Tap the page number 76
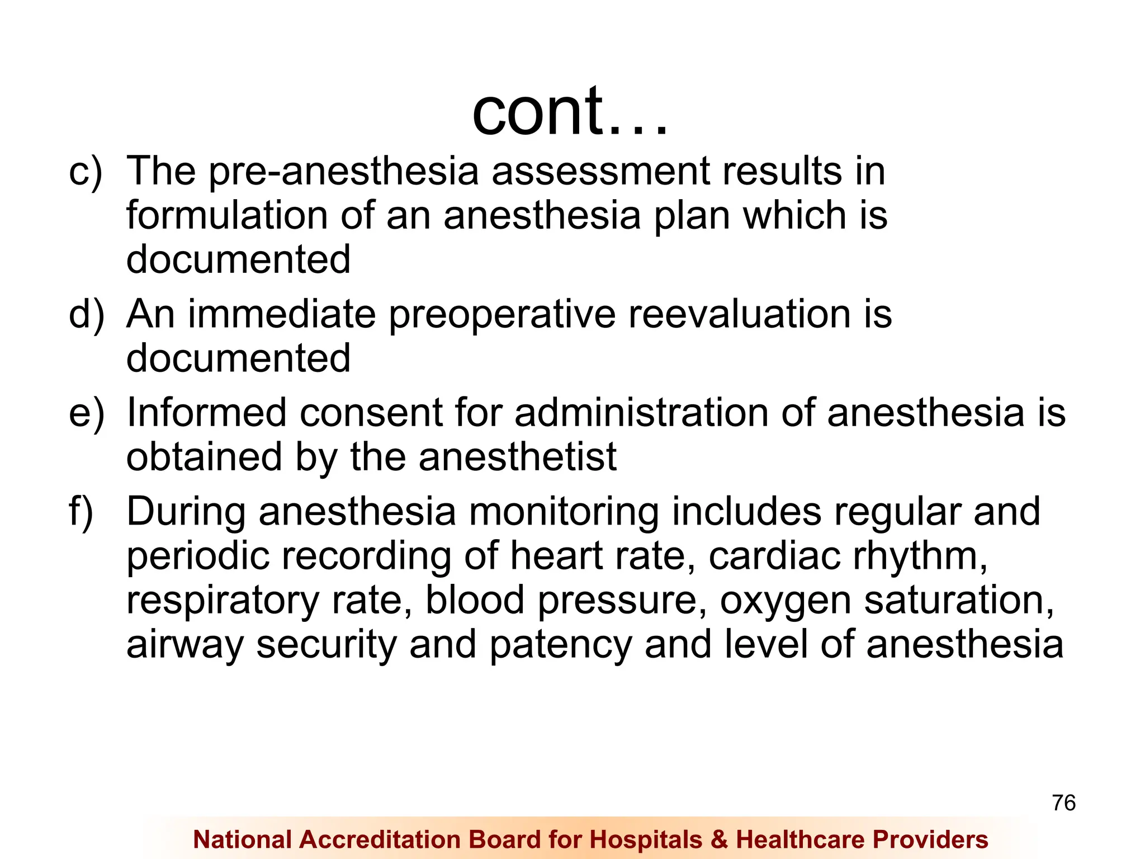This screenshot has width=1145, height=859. [x=1063, y=803]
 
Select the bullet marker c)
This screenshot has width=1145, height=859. [x=86, y=171]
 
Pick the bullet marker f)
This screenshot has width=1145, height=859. [x=81, y=511]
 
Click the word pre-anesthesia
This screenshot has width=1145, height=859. [x=343, y=171]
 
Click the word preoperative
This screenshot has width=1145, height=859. [x=502, y=315]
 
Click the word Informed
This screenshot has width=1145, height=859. [x=206, y=413]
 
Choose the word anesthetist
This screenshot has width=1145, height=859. [x=517, y=457]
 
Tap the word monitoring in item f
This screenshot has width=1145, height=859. [x=564, y=512]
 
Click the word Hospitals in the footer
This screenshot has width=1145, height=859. [x=646, y=839]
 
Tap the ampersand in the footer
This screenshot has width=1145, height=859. [x=719, y=839]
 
